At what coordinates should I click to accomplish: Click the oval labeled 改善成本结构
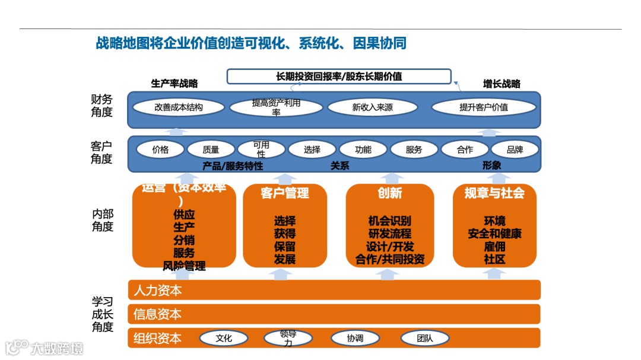tap(179, 107)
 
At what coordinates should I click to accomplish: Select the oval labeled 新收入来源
tap(372, 107)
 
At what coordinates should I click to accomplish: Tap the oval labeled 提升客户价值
tap(484, 107)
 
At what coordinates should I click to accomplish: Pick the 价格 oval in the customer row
tap(160, 150)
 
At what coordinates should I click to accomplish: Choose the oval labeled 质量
tap(211, 150)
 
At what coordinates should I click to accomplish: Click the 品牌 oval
tap(515, 150)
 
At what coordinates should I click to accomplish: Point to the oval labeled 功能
tap(363, 150)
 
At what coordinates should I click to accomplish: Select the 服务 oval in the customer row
tap(414, 150)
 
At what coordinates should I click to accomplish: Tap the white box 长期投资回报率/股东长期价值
tap(339, 77)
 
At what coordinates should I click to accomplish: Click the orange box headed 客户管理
tap(285, 226)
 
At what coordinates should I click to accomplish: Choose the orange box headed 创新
tap(390, 226)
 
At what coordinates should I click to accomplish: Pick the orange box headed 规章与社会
tap(494, 226)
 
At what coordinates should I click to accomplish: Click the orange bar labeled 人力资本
tap(334, 290)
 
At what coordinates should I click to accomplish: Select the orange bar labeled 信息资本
tap(334, 314)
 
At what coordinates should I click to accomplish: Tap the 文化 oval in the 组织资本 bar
tap(224, 339)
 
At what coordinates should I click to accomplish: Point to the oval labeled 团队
tap(424, 339)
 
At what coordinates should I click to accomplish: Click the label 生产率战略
tap(174, 84)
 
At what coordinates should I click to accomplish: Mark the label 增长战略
tap(502, 84)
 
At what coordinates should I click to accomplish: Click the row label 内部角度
tap(102, 220)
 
